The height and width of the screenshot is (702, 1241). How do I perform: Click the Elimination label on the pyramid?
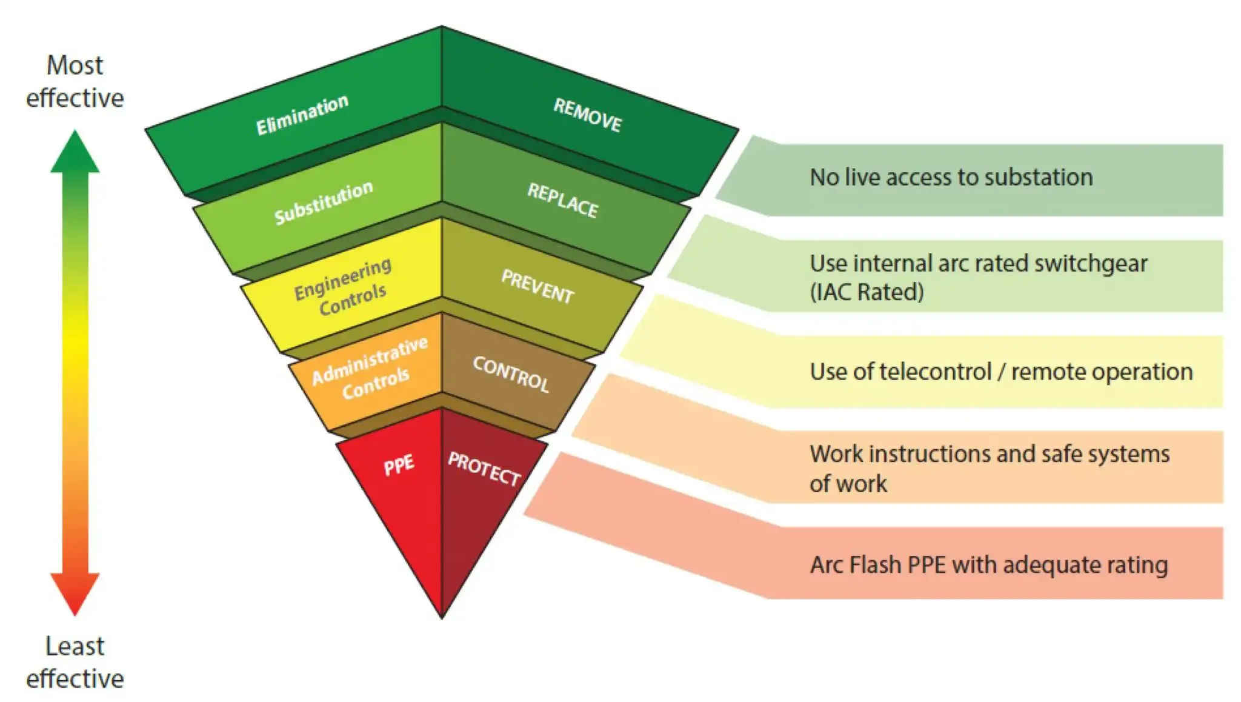tap(302, 115)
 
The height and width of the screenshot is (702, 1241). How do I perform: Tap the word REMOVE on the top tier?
tap(587, 115)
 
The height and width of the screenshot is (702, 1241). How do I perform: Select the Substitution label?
tap(324, 202)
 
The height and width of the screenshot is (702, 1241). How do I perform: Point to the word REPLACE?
tap(562, 200)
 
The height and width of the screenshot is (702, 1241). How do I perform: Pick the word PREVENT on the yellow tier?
tap(537, 287)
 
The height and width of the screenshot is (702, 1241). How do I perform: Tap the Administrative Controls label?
tap(370, 369)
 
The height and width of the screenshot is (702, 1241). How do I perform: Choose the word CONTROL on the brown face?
tap(511, 373)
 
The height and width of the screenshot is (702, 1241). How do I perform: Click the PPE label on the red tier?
tap(399, 466)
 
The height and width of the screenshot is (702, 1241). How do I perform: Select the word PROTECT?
tap(484, 469)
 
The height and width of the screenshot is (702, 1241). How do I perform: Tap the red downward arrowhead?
tap(75, 593)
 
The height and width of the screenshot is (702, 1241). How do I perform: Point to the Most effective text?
tap(75, 81)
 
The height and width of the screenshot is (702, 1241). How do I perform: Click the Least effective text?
tap(75, 662)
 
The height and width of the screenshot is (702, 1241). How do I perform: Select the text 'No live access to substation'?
tap(951, 177)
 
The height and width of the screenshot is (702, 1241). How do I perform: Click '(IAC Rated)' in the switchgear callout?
tap(867, 292)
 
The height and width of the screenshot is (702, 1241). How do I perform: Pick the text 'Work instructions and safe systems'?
tap(989, 454)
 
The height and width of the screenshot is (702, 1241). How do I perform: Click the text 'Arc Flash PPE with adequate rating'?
tap(988, 564)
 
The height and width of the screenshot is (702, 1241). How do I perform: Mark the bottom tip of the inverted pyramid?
tap(442, 617)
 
